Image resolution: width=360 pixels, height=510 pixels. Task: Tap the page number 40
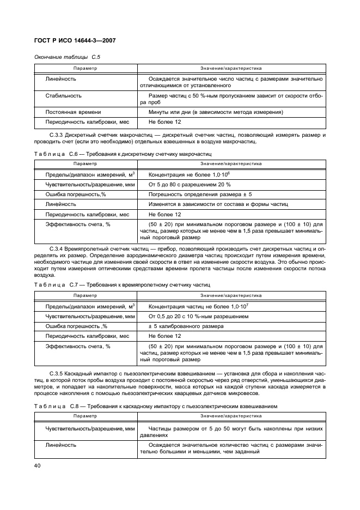pos(38,465)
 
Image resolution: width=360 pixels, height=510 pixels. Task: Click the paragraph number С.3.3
pos(58,135)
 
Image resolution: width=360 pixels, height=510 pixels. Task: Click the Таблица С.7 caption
pos(123,285)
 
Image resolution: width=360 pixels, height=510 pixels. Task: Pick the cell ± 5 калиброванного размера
pos(185,326)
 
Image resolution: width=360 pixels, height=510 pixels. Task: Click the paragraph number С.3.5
pos(58,372)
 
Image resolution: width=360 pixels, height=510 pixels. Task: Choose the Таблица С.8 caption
pos(156,406)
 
